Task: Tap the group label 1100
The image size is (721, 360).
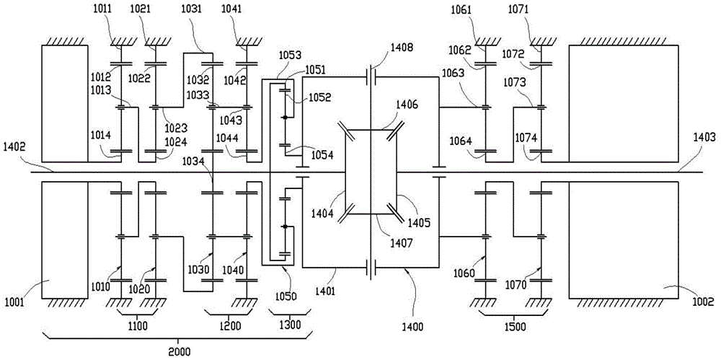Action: pyautogui.click(x=138, y=326)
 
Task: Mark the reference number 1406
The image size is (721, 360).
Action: pyautogui.click(x=407, y=105)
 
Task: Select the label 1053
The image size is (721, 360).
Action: pyautogui.click(x=291, y=56)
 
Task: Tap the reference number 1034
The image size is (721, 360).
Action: pyautogui.click(x=194, y=160)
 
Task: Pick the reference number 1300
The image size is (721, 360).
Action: pyautogui.click(x=291, y=326)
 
